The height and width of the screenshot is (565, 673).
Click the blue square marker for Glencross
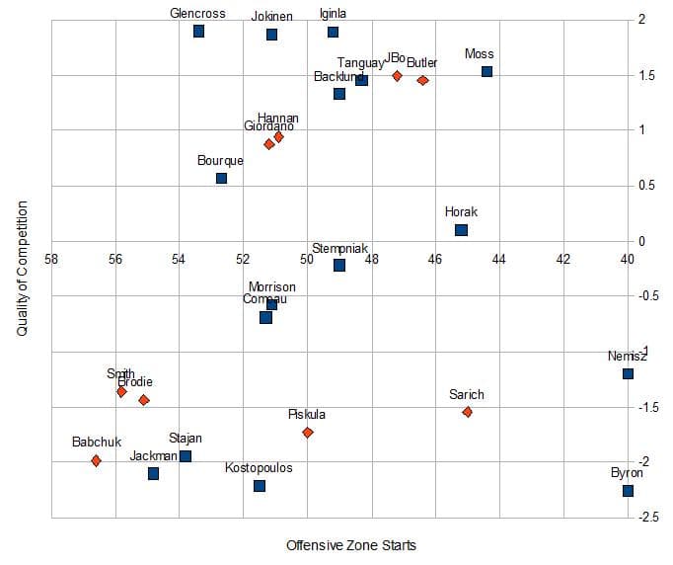coord(198,32)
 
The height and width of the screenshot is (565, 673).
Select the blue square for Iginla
coord(334,32)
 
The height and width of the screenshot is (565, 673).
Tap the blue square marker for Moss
coord(486,71)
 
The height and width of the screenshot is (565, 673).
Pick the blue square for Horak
coord(461,230)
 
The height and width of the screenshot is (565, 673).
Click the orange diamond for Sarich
coord(467,412)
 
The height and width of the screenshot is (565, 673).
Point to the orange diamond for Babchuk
coord(96,460)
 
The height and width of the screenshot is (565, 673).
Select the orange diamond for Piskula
coord(308,432)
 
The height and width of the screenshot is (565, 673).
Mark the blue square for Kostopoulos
coord(260,485)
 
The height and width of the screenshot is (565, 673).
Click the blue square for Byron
coord(628,490)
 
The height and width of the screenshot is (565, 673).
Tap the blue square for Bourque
coord(221,178)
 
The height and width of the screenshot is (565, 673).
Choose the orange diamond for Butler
coord(422,80)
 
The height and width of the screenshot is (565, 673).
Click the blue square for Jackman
coord(153,473)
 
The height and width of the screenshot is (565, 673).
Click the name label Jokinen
coord(271,17)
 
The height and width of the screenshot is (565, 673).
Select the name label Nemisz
coord(628,356)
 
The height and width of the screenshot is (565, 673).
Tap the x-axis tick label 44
coord(498,259)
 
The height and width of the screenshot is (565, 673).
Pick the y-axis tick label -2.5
coord(648,518)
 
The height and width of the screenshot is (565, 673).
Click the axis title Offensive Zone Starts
coord(351,545)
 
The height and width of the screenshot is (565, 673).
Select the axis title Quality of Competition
coord(22,269)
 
